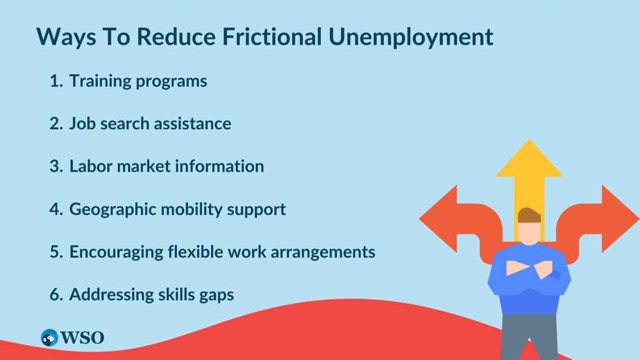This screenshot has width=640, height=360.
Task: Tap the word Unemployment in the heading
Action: click(410, 37)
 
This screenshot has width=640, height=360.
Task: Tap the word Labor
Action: click(90, 166)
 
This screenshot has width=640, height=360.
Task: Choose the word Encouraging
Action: click(116, 252)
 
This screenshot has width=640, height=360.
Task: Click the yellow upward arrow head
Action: click(529, 160)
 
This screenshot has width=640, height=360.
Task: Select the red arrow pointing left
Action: click(441, 218)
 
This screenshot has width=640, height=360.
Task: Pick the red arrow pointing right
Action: click(618, 218)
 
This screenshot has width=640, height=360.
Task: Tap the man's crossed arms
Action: click(529, 269)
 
